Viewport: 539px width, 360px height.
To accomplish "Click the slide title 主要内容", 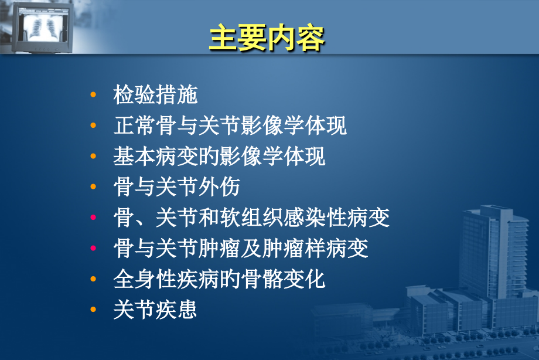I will coord(267,38).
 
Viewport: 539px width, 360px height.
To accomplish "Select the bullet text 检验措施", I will coord(155,95).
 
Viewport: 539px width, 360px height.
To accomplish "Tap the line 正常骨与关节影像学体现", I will coord(230,126).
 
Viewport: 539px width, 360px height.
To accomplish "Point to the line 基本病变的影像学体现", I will coord(219,157).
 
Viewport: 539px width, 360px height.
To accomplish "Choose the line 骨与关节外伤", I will coord(176,187).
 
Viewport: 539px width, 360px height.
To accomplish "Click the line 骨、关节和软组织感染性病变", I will coord(251,218).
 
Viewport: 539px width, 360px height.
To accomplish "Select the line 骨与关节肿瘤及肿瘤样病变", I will coord(240,249).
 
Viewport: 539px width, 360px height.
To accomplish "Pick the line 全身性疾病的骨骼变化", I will coord(219,279).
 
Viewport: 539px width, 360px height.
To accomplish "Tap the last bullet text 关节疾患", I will coord(155,310).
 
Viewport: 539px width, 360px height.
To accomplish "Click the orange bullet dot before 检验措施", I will coord(93,95).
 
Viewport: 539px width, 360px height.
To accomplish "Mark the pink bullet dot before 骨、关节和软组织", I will coord(93,218).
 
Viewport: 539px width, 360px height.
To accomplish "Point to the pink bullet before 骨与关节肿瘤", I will coord(93,249).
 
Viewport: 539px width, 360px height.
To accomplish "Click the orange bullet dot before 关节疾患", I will coord(93,310).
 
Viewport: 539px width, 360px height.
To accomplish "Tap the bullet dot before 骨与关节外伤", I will coord(93,187).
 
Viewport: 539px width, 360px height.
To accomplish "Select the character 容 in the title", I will coord(311,38).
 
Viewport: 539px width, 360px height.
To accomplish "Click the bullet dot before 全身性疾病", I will coord(93,279).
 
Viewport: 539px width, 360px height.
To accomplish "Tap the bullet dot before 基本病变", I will coord(93,157).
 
